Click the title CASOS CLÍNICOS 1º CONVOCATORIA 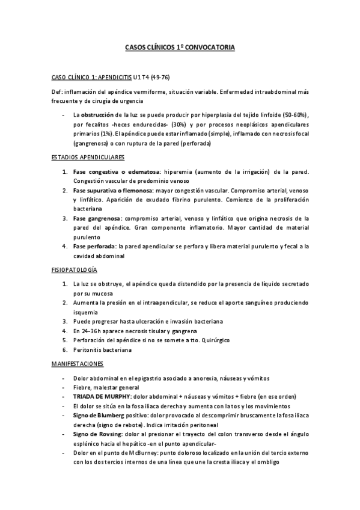(180, 46)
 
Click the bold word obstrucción (99, 114)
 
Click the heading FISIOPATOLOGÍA (75, 270)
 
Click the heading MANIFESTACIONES (78, 364)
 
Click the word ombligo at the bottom (266, 462)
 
